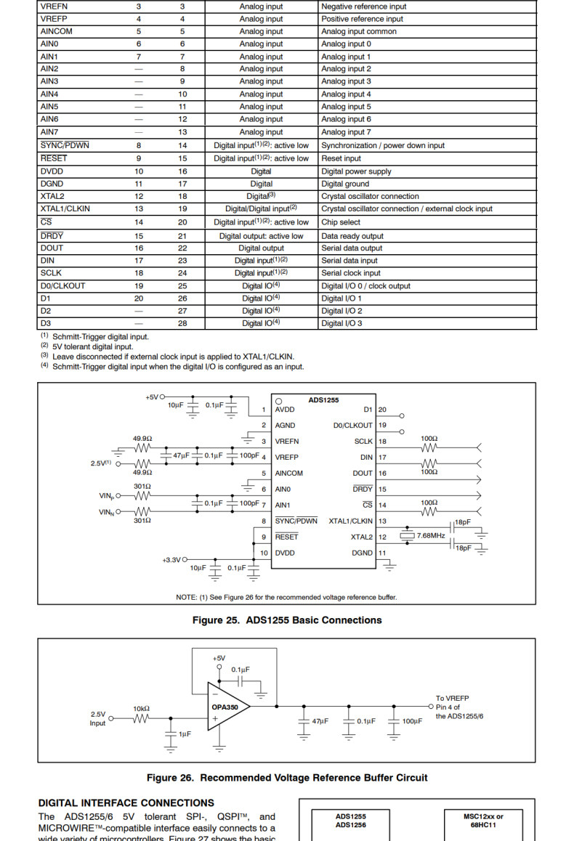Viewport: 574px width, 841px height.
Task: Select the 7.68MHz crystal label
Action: point(431,535)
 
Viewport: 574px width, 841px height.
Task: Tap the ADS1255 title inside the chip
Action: point(323,400)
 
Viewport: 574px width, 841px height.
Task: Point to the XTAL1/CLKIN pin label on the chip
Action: point(350,521)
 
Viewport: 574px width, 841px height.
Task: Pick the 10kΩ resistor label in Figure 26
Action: point(141,708)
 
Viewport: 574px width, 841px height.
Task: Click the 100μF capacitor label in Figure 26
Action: point(412,721)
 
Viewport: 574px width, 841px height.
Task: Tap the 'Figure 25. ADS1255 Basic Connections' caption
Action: point(286,620)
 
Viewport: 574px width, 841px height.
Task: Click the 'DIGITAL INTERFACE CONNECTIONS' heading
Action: point(126,803)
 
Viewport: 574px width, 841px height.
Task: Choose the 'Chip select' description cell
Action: point(341,222)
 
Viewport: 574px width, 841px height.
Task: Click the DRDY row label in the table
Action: point(52,236)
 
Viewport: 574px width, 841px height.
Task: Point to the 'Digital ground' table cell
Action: point(345,184)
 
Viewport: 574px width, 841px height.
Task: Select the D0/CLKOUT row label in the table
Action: point(62,286)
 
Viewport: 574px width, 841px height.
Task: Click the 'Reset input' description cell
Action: point(341,158)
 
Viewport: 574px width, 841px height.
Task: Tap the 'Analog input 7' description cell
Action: point(346,132)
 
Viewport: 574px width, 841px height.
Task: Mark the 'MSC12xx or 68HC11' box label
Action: point(483,820)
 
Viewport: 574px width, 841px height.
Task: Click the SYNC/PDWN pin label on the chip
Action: point(296,521)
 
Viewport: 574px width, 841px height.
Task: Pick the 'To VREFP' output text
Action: point(452,699)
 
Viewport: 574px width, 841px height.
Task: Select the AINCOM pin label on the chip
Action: point(289,473)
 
